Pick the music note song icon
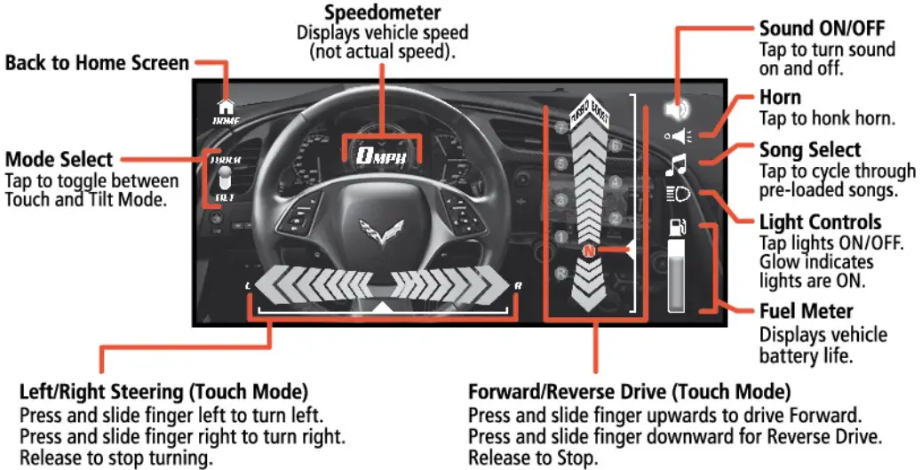[x=678, y=164]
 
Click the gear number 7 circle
[x=560, y=128]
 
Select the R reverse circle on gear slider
[x=560, y=274]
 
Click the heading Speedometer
[x=382, y=12]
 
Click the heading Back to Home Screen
[x=97, y=63]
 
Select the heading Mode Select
[x=60, y=160]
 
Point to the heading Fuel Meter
[x=806, y=312]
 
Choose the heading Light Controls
[x=820, y=222]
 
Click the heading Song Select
[x=810, y=150]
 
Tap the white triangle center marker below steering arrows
[x=382, y=307]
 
